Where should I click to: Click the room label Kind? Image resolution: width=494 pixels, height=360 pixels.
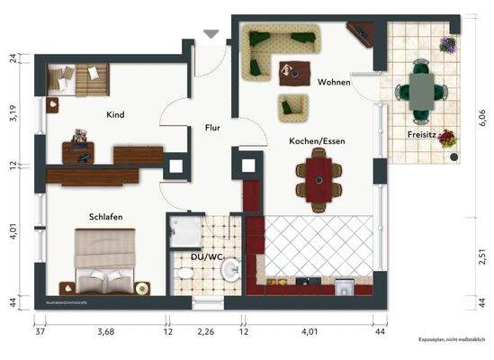click(x=114, y=115)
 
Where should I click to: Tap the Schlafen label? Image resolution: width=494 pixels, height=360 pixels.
click(x=105, y=217)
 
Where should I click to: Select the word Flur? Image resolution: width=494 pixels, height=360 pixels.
click(x=212, y=127)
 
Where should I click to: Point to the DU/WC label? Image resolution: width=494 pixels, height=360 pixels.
click(x=208, y=257)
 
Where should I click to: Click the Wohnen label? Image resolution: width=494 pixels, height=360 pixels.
click(x=334, y=82)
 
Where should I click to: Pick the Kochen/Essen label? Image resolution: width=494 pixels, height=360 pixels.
click(x=317, y=141)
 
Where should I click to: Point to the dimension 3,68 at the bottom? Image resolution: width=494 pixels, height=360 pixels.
click(x=106, y=331)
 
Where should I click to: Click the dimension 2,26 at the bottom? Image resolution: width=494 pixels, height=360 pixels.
click(x=206, y=331)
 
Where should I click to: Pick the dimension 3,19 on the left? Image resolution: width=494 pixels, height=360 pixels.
click(x=13, y=114)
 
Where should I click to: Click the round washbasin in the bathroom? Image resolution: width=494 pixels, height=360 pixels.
click(x=231, y=268)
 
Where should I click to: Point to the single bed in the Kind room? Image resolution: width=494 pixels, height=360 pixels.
click(x=77, y=78)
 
